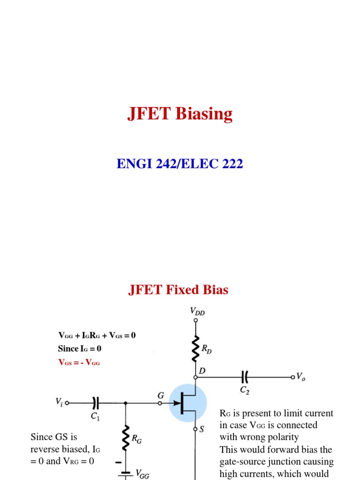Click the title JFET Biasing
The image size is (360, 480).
pos(180,114)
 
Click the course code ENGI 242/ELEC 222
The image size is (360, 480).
pos(180,164)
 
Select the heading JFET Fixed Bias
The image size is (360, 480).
pos(178,290)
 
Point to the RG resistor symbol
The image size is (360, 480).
pos(126,437)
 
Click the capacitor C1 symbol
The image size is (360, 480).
pos(96,402)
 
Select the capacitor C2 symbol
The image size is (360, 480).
pos(244,376)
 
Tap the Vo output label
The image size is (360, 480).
pos(301,376)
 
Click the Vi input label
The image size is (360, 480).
pos(59,402)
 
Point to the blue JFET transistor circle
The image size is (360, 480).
pos(188,402)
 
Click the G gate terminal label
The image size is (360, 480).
pos(160,396)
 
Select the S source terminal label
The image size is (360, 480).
pos(202,429)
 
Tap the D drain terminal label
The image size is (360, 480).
pos(202,371)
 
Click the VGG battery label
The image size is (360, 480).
pos(142,474)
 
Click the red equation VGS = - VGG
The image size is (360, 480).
pos(79,362)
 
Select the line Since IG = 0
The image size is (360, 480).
pos(80,349)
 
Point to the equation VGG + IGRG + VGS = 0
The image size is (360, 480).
pos(97,335)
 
